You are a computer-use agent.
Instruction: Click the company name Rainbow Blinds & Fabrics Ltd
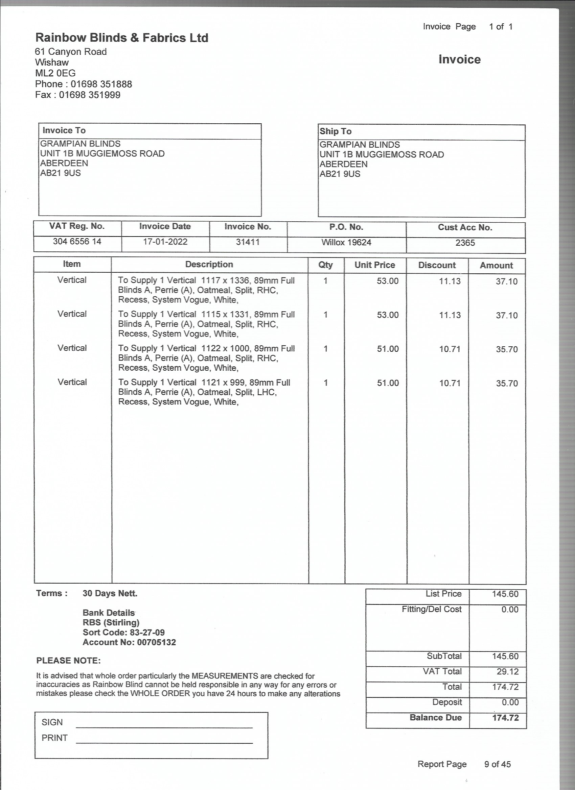122,38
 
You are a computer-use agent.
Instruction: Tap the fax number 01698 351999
89,95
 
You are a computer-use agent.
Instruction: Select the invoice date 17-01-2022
165,242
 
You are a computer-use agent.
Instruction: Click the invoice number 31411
248,242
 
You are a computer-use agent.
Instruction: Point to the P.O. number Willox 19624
346,242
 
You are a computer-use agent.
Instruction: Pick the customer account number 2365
465,243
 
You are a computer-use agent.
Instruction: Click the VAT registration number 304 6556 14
77,241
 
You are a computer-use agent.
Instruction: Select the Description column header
209,264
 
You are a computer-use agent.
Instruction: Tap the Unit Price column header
374,265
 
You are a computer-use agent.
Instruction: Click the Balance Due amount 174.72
505,718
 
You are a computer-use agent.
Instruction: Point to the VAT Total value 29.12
507,672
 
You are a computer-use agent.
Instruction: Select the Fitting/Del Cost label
431,609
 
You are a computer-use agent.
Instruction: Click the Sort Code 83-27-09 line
123,632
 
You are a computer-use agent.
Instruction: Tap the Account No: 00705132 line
129,642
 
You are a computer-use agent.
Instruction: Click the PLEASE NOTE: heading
68,661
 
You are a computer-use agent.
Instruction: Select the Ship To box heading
336,131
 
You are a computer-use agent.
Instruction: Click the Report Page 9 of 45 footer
464,764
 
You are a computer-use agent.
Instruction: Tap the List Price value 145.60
505,594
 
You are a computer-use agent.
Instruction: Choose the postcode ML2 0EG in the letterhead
55,73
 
